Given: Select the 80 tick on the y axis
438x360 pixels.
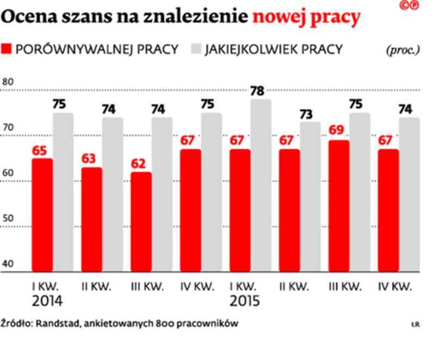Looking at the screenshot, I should (x=8, y=82).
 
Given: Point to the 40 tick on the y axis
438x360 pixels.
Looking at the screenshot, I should (x=8, y=264).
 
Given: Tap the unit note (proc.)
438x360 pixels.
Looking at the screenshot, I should (x=403, y=50).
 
